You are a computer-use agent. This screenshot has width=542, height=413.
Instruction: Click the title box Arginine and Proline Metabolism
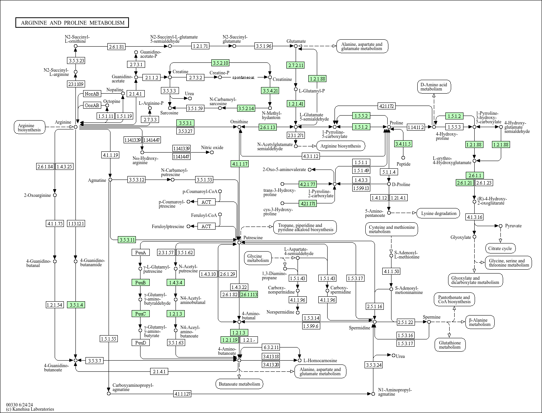[x=72, y=23]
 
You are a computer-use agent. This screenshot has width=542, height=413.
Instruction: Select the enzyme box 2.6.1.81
[x=117, y=47]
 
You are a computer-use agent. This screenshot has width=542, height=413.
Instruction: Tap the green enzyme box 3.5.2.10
[x=221, y=63]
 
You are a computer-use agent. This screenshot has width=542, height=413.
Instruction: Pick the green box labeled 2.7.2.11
[x=296, y=65]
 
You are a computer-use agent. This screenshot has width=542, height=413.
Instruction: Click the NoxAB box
[x=92, y=94]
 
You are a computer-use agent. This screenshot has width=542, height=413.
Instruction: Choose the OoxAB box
[x=92, y=105]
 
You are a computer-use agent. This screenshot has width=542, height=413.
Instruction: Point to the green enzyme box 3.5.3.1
[x=185, y=123]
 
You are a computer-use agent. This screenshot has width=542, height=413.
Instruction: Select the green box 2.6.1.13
[x=268, y=127]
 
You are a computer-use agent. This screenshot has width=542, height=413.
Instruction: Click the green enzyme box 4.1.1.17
[x=239, y=164]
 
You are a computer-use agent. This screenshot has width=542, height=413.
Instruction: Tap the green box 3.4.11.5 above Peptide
[x=403, y=144]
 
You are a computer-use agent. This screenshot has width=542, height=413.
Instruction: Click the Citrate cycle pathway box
[x=500, y=248]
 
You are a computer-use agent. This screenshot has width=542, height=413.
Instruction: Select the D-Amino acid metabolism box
[x=434, y=87]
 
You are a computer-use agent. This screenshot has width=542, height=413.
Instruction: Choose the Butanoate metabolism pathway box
[x=239, y=384]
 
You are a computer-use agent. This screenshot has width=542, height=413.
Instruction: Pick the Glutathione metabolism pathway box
[x=450, y=345]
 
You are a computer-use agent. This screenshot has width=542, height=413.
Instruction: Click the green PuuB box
[x=140, y=282]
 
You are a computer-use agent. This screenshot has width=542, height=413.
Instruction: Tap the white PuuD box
[x=140, y=342]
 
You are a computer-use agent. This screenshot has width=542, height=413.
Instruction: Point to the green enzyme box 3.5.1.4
[x=75, y=305]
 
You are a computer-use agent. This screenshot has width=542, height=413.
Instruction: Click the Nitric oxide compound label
[x=212, y=148]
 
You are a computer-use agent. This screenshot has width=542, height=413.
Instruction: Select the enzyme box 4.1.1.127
[x=182, y=394]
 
